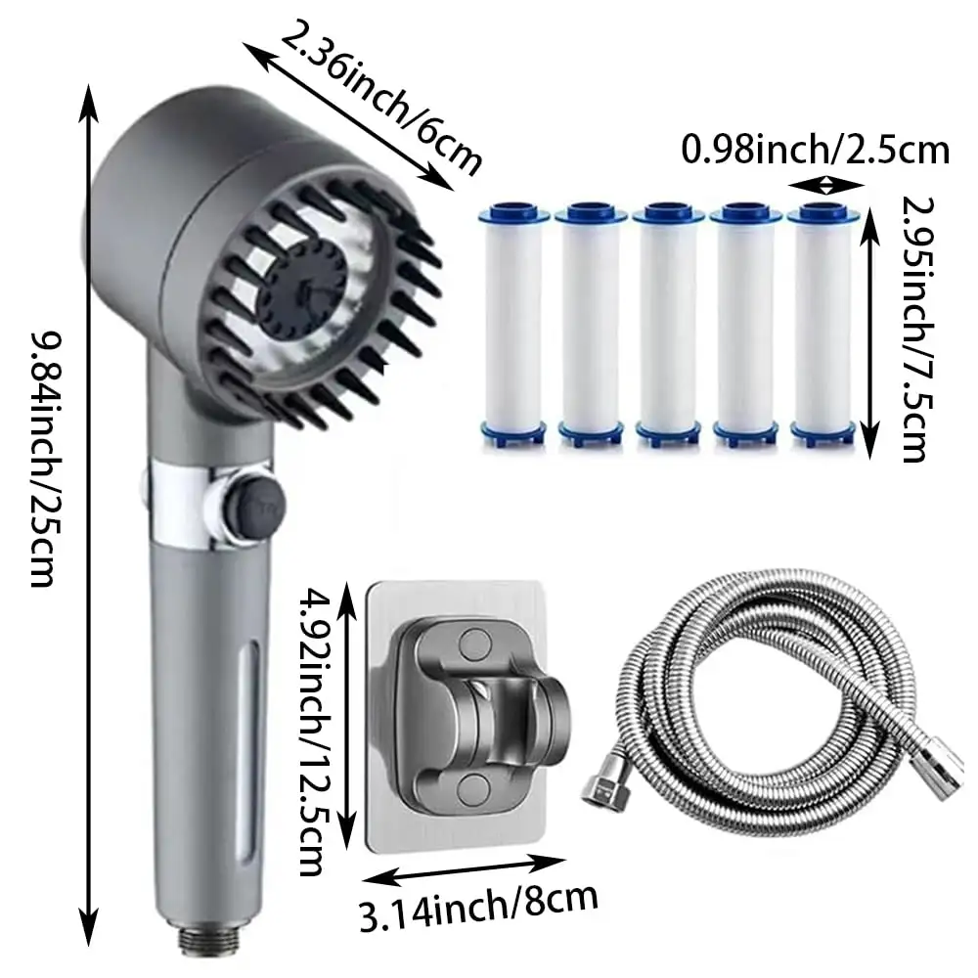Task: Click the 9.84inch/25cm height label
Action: (46, 460)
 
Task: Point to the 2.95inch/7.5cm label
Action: (917, 330)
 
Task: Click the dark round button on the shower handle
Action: (255, 502)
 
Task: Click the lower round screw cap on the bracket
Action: (473, 788)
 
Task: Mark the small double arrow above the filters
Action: (826, 185)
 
